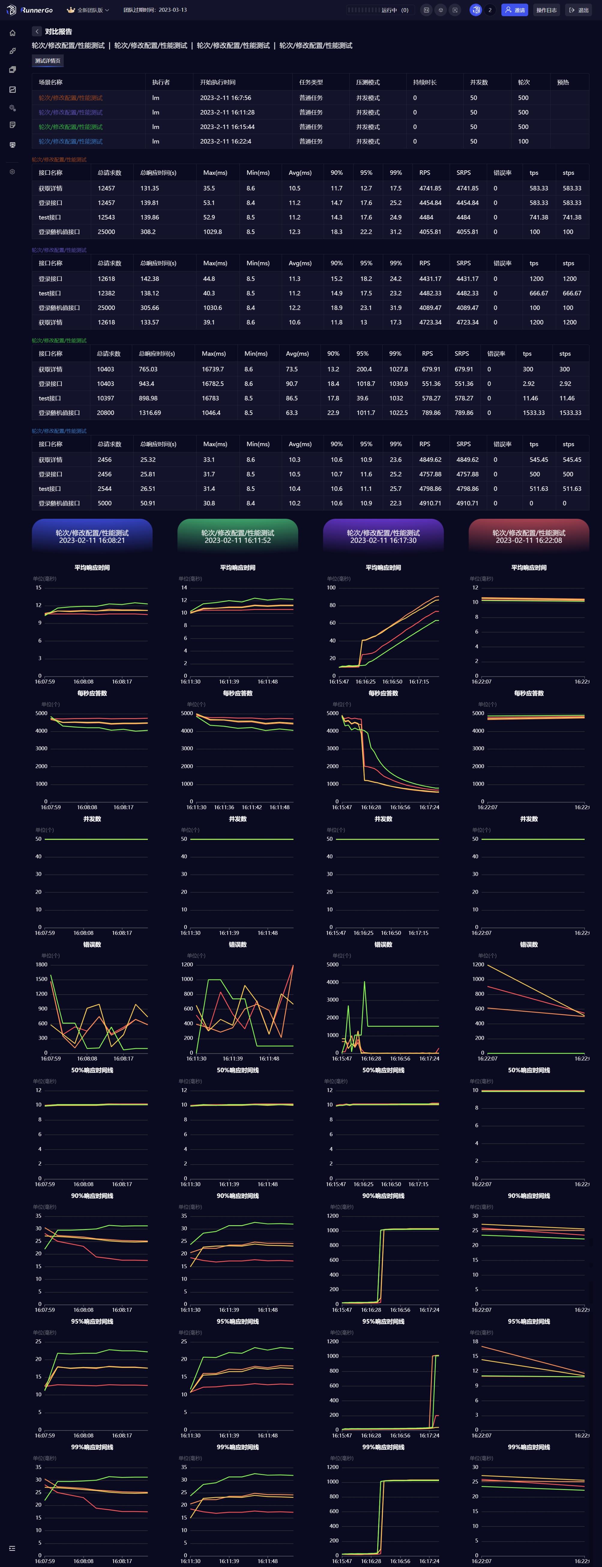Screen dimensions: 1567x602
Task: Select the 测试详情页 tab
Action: tap(47, 61)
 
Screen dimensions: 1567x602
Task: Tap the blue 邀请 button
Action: tap(514, 10)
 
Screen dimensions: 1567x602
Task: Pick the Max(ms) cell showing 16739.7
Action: tap(212, 369)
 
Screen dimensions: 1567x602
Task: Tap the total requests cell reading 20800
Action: tap(105, 412)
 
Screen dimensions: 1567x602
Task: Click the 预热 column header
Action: tap(563, 82)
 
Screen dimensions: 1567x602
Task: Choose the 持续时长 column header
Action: tap(425, 82)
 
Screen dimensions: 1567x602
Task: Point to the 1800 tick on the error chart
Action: tap(41, 964)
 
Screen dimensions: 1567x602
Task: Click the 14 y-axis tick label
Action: tap(184, 588)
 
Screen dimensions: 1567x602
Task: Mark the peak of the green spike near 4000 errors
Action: tap(365, 982)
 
